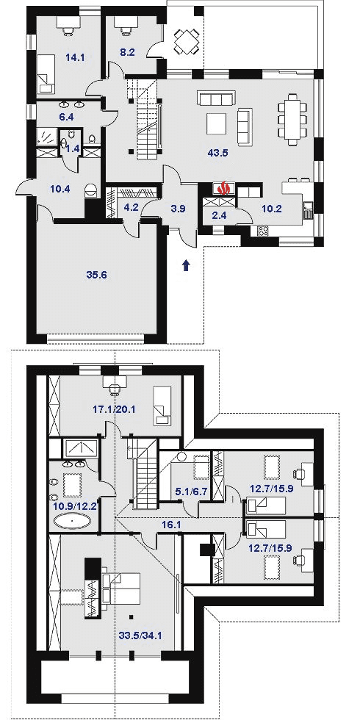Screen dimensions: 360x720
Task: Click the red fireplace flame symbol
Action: pyautogui.click(x=224, y=188)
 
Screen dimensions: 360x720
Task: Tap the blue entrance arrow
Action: pyautogui.click(x=186, y=265)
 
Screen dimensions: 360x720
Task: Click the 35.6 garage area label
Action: pyautogui.click(x=96, y=275)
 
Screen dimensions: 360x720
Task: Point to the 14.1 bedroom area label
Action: pyautogui.click(x=74, y=57)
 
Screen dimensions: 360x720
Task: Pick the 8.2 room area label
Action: pyautogui.click(x=127, y=52)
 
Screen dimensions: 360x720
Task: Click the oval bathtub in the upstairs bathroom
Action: pyautogui.click(x=73, y=521)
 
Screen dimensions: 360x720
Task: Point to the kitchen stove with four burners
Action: pyautogui.click(x=263, y=231)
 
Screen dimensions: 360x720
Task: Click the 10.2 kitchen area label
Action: pyautogui.click(x=273, y=209)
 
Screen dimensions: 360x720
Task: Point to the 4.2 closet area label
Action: pyautogui.click(x=131, y=206)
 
